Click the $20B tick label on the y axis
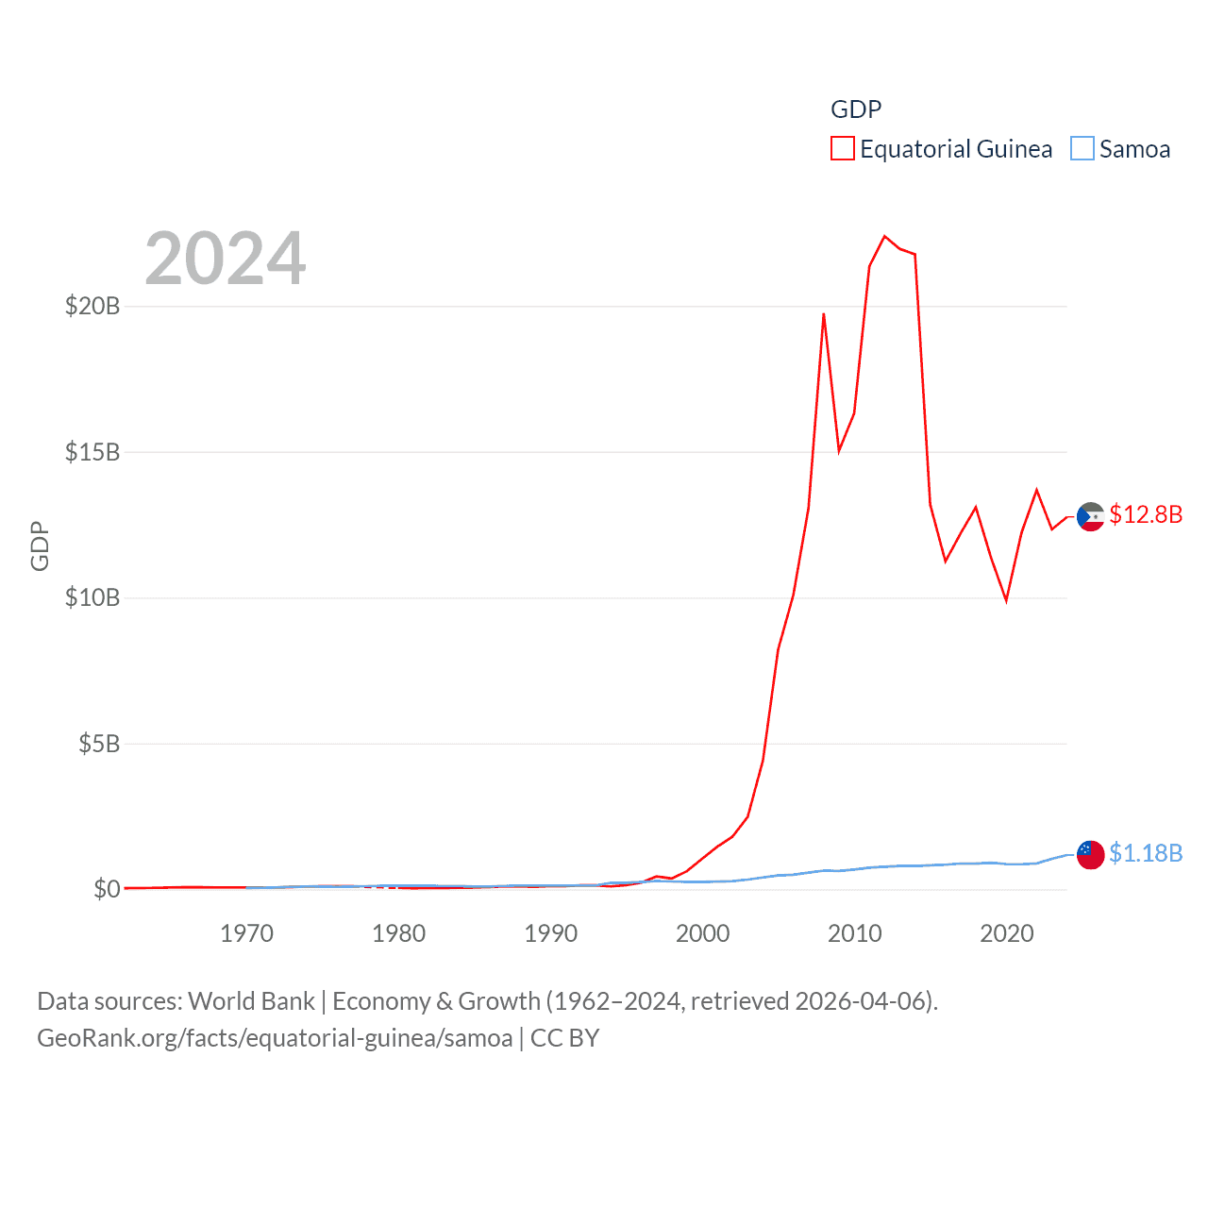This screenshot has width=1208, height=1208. (x=92, y=306)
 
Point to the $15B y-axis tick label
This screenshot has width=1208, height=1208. (x=92, y=452)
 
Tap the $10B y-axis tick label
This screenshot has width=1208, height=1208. (x=92, y=597)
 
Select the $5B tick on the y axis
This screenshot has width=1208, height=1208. (x=99, y=744)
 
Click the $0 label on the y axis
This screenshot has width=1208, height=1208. (x=107, y=889)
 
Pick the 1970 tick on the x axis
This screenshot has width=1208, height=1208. (x=246, y=933)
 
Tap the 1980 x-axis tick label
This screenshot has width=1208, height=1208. (x=398, y=933)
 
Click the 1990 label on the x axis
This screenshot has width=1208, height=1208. (x=550, y=933)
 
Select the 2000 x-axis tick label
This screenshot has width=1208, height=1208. (x=702, y=933)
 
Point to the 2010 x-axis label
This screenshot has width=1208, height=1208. (x=854, y=933)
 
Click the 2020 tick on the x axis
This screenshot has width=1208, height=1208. (x=1006, y=933)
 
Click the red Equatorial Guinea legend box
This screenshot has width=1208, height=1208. (x=842, y=149)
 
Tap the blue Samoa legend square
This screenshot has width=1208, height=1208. (x=1082, y=149)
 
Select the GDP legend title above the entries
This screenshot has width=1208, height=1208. (x=855, y=109)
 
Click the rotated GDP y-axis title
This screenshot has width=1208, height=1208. (x=40, y=545)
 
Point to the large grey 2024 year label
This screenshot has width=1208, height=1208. (x=225, y=258)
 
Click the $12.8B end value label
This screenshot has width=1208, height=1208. (x=1145, y=514)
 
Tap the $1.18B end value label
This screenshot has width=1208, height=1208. (x=1145, y=853)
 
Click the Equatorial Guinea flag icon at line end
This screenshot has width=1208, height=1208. (x=1090, y=517)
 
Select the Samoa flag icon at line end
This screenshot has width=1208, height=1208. (x=1090, y=855)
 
